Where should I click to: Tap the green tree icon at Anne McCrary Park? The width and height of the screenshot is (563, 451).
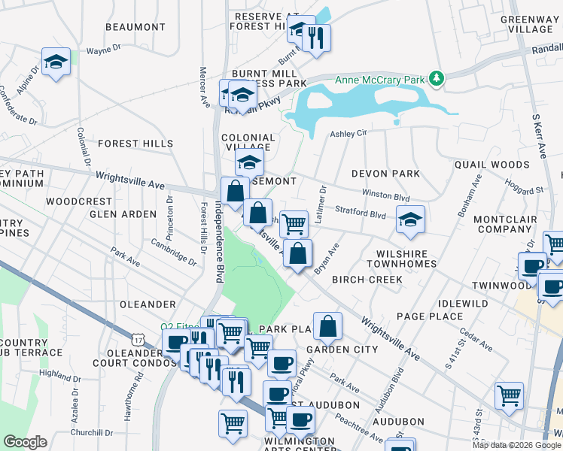click(435, 77)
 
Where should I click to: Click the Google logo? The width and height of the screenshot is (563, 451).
click(25, 442)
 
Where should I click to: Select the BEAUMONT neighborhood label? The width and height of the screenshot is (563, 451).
click(135, 27)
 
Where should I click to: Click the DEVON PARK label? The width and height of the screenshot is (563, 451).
click(386, 174)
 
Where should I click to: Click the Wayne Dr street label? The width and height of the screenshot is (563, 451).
click(104, 51)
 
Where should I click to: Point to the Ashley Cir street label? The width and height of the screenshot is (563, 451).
click(348, 133)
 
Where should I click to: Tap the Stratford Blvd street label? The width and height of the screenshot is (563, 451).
click(361, 213)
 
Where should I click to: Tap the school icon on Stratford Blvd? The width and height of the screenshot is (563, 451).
click(410, 219)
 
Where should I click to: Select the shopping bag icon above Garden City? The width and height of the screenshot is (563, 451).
click(328, 325)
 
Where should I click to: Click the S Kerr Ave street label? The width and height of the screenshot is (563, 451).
click(540, 135)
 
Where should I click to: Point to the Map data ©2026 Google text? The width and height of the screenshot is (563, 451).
click(516, 445)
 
